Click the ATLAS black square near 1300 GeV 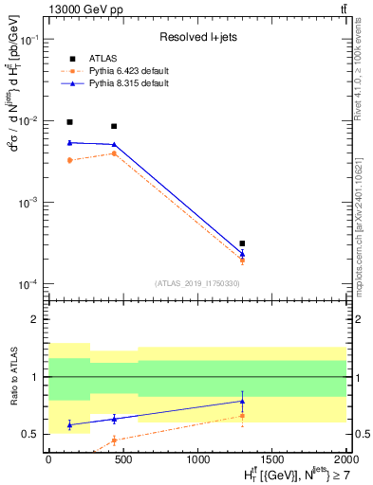[x=243, y=243]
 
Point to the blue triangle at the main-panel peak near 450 [x=114, y=144]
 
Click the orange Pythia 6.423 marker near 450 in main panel [x=114, y=153]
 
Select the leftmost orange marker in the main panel [x=69, y=160]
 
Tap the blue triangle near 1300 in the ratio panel [x=243, y=401]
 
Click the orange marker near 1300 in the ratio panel [x=243, y=416]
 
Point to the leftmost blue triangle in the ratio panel [x=69, y=425]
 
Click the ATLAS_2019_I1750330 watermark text [x=196, y=283]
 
